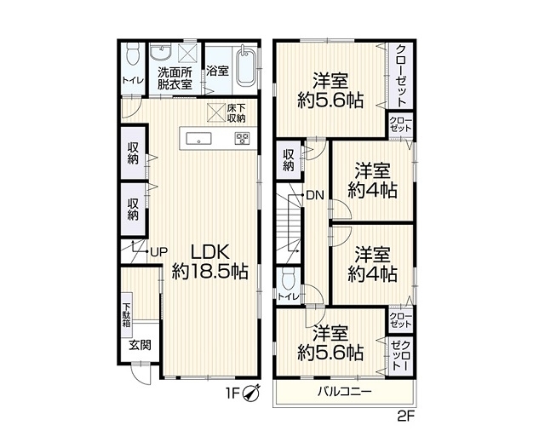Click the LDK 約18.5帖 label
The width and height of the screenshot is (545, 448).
click(210, 261)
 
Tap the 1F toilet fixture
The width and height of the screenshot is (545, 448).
click(133, 54)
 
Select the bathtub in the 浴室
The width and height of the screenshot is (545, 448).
click(246, 66)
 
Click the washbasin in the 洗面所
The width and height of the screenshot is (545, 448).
click(161, 52)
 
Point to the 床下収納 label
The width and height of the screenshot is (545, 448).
click(236, 113)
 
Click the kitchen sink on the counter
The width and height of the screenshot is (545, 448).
click(198, 138)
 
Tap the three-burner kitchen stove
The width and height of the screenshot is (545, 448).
click(242, 138)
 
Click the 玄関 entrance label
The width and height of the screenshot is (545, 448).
click(141, 345)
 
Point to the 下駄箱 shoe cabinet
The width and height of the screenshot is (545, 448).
click(126, 315)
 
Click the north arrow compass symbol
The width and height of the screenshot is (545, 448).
click(252, 393)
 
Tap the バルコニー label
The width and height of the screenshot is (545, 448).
click(345, 392)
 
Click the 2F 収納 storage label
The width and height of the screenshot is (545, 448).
click(288, 160)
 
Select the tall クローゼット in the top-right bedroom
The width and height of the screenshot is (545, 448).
click(400, 76)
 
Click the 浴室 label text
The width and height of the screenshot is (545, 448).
click(218, 71)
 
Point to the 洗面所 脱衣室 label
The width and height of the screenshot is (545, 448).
click(175, 78)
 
